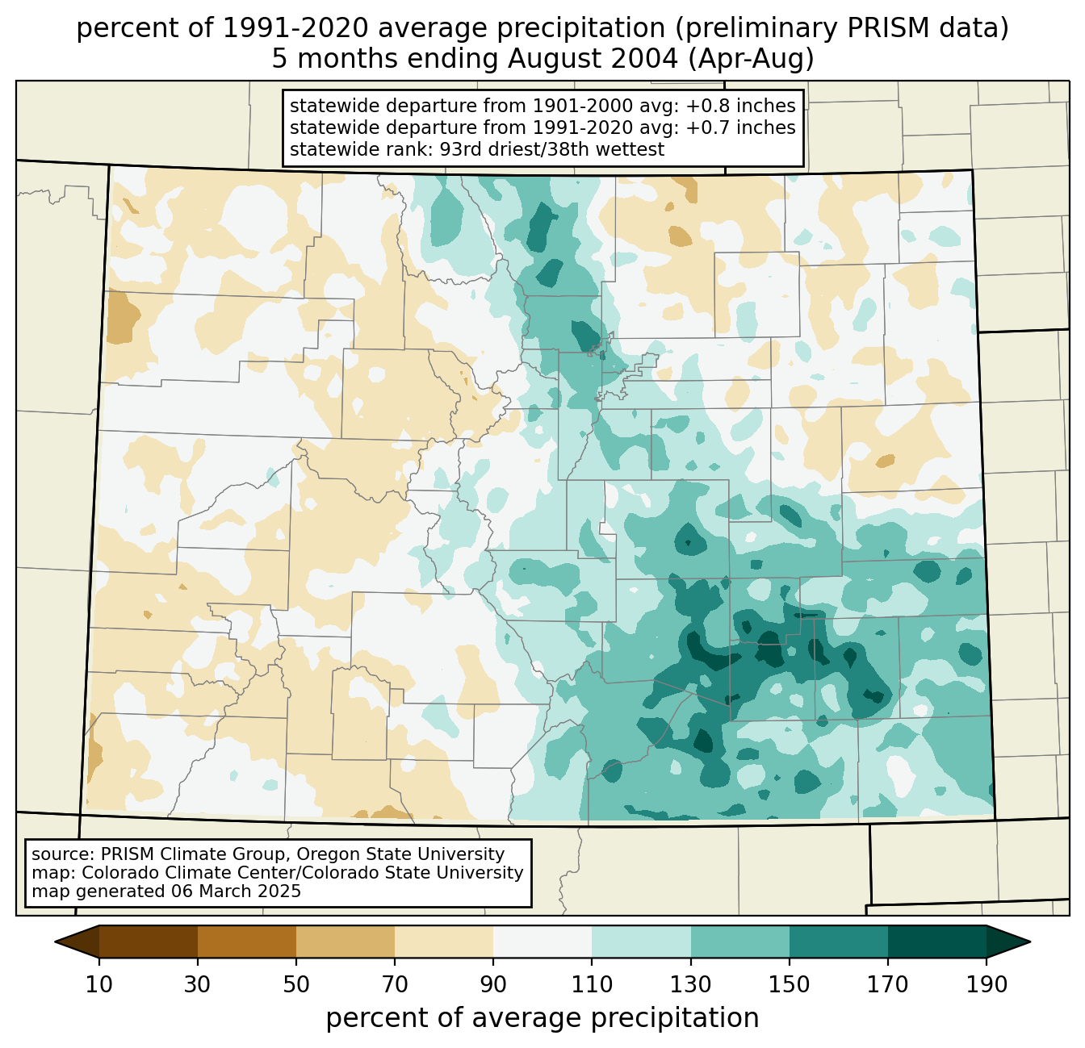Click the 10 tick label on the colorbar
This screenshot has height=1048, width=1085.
tap(99, 984)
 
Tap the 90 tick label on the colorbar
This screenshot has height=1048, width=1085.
tap(493, 984)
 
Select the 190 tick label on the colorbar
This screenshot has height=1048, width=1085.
tap(986, 984)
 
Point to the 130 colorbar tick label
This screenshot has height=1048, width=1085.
tap(690, 984)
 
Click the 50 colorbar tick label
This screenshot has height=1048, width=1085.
tap(296, 984)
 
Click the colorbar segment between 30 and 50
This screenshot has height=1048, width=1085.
tap(247, 942)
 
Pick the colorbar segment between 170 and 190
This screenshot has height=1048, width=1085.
tap(936, 942)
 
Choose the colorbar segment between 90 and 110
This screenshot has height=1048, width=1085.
tap(542, 942)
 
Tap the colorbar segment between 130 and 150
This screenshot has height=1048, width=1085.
tap(739, 942)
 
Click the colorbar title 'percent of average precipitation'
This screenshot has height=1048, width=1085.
tap(542, 1017)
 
